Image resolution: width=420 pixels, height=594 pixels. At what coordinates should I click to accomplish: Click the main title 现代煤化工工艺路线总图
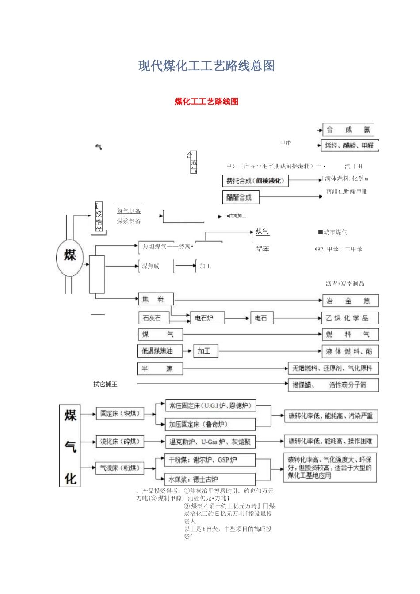click(x=206, y=66)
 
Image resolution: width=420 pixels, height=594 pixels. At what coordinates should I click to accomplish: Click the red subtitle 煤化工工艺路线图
click(x=206, y=102)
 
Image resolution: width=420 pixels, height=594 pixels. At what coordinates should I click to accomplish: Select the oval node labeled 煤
click(x=70, y=256)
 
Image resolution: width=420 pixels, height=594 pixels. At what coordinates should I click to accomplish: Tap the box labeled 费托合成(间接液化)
click(x=255, y=180)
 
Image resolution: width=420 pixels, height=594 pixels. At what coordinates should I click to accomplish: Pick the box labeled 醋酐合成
click(x=241, y=197)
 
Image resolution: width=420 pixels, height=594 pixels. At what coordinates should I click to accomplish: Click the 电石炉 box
click(x=207, y=318)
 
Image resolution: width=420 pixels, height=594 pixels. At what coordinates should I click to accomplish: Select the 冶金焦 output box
click(x=350, y=301)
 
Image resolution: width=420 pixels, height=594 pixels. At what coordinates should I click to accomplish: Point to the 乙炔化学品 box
click(x=350, y=318)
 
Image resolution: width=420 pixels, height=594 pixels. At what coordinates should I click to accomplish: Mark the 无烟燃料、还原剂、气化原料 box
click(x=333, y=368)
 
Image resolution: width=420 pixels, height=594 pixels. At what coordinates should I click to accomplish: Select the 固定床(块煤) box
click(x=120, y=414)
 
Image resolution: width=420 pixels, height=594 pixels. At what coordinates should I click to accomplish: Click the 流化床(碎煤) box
click(x=120, y=442)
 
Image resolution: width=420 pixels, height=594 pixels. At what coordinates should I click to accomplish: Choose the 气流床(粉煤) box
click(x=120, y=468)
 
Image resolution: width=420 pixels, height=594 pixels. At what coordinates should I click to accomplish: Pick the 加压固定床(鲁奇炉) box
click(x=210, y=424)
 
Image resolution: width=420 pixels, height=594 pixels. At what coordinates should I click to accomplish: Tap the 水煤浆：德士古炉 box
click(x=210, y=479)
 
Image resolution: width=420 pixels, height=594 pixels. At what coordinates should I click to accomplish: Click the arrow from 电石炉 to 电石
click(x=237, y=318)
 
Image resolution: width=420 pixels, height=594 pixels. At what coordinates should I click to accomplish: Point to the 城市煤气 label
click(x=334, y=232)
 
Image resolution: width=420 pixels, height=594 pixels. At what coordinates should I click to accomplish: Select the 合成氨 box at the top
click(x=348, y=129)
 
